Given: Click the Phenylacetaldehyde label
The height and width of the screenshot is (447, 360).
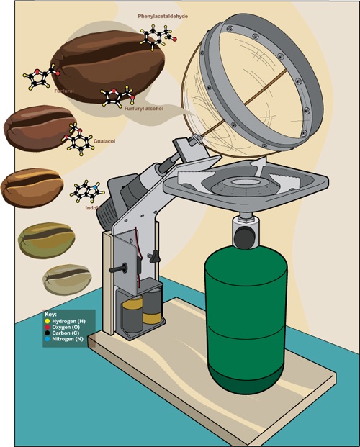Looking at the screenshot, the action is pos(163,17).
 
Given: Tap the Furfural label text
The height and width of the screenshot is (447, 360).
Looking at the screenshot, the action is pos(64,91).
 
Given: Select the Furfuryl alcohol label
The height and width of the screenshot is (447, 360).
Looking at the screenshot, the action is pos(144,108).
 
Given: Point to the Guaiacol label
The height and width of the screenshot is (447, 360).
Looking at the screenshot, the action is pos(104,141).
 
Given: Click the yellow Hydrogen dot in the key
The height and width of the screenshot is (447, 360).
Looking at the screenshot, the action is pos(48,321).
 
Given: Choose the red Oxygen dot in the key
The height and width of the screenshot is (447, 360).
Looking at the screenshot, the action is pos(48,327).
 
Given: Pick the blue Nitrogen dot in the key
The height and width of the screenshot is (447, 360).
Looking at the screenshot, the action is pos(48,339).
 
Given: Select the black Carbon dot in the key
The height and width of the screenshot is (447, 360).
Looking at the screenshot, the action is pos(48,333).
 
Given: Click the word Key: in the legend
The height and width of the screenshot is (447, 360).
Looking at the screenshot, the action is pos(51,315).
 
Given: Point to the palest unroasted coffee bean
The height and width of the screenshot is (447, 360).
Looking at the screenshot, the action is pos(67,280).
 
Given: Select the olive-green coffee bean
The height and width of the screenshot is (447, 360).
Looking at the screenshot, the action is pos(47,240).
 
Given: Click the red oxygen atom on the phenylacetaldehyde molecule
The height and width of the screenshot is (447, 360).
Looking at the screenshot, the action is pos(174,40).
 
